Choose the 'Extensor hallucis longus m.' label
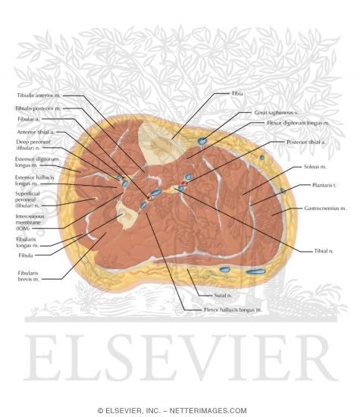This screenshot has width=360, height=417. pos(31,180)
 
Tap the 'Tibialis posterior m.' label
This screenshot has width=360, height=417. pos(38,108)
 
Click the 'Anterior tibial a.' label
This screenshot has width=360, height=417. pos(33,132)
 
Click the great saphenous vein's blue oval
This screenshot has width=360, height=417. pos(203,141)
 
